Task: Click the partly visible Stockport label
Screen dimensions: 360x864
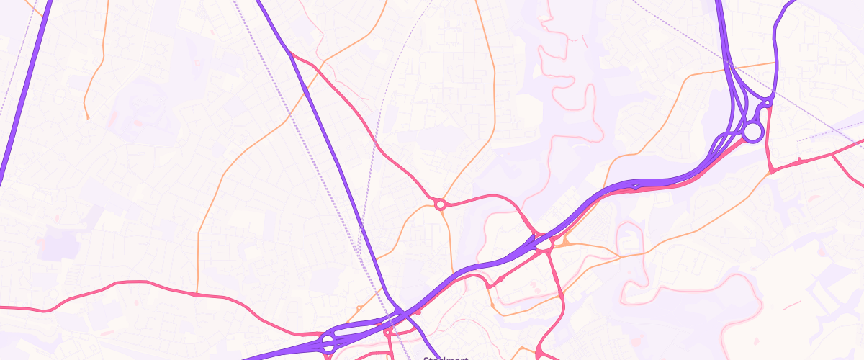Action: point(446,357)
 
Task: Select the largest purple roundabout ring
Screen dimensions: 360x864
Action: point(752,132)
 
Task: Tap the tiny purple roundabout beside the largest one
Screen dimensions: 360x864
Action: point(768,104)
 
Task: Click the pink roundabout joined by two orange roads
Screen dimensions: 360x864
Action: point(440,205)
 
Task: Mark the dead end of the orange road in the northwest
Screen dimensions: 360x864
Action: point(87,118)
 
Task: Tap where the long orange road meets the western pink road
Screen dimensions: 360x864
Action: point(197,294)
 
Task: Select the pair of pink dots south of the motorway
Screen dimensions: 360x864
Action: point(534,289)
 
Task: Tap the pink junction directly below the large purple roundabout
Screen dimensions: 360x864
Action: point(771,171)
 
